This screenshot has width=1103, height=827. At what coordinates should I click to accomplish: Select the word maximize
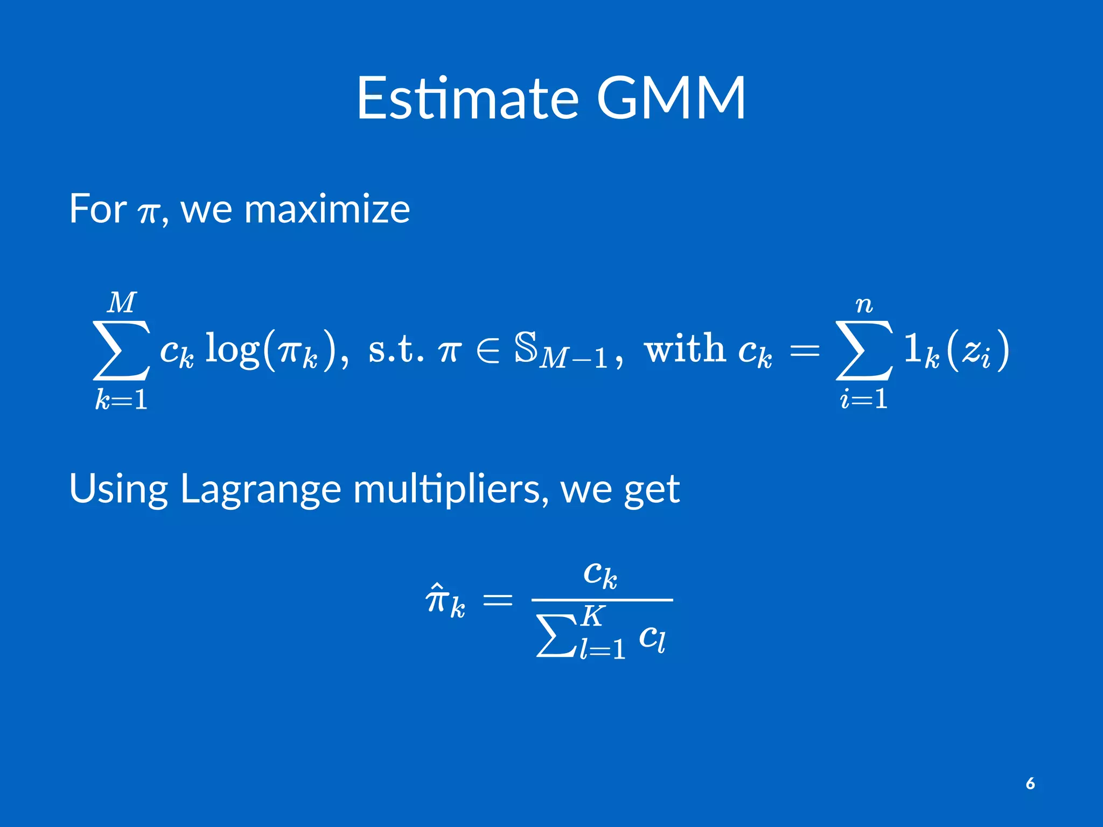[x=327, y=209]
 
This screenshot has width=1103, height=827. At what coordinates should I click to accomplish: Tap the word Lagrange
[x=260, y=489]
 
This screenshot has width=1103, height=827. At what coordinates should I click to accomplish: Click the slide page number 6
[x=1030, y=783]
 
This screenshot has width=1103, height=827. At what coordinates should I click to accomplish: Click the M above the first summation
[x=122, y=303]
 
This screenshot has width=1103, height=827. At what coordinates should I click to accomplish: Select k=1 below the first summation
[x=122, y=400]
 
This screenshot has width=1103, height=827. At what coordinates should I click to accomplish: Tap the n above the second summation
[x=864, y=305]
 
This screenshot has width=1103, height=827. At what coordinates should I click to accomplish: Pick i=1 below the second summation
[x=864, y=399]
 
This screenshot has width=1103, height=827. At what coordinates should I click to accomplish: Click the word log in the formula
[x=232, y=349]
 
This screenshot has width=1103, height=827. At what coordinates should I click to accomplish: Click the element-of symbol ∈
[x=488, y=349]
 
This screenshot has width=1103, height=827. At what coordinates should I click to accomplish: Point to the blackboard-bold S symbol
[x=526, y=347]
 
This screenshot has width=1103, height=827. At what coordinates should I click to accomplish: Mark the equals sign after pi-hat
[x=497, y=599]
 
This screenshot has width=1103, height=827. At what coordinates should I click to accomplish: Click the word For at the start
[x=97, y=209]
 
